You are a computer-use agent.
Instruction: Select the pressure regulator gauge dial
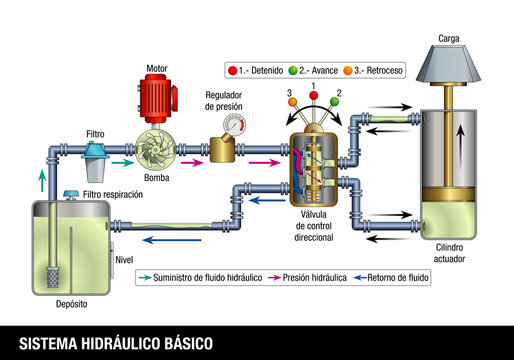[233, 127]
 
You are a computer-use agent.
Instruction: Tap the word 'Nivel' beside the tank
[123, 259]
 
